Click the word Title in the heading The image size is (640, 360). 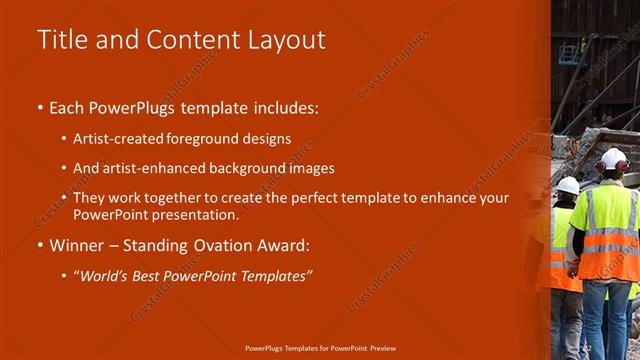pos(59,40)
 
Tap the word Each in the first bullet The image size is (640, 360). pos(68,106)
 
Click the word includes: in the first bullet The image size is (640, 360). pos(282,106)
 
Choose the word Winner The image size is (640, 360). pos(77,244)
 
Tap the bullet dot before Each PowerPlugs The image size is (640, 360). pos(39,107)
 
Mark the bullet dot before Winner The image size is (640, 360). pos(39,245)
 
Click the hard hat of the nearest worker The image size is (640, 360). pos(613,159)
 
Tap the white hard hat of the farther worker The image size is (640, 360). pos(568,186)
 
